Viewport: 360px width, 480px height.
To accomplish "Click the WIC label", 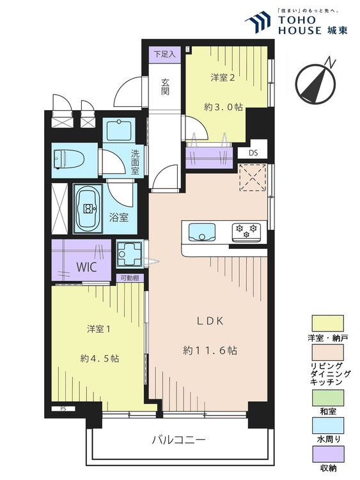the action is click(86, 268).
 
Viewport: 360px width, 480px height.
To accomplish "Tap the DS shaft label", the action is click(253, 153).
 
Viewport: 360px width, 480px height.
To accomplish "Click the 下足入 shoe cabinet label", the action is click(164, 54).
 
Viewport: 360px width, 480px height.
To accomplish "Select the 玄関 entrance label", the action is click(166, 87).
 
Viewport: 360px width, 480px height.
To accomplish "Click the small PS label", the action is click(63, 408).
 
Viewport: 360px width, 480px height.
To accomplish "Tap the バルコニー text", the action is click(179, 440).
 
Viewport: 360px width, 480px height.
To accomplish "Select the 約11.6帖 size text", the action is click(210, 350).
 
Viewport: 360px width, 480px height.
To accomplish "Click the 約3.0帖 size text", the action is click(223, 107).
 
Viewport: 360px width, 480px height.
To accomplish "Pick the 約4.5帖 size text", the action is click(99, 358).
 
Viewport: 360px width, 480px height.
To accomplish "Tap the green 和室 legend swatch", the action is click(327, 397).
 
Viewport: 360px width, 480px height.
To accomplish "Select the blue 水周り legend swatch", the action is click(327, 426).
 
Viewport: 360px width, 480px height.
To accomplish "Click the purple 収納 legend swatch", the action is click(327, 454).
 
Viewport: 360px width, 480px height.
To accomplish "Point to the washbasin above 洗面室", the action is click(119, 131).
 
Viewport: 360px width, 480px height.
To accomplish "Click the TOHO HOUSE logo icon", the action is click(258, 22).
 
